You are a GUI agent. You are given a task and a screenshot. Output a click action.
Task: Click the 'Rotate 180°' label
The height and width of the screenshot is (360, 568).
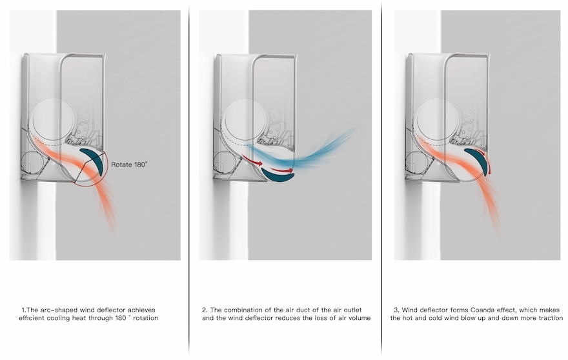tap(129, 165)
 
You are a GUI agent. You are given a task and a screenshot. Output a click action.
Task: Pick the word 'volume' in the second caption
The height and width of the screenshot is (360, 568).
tap(357, 318)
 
